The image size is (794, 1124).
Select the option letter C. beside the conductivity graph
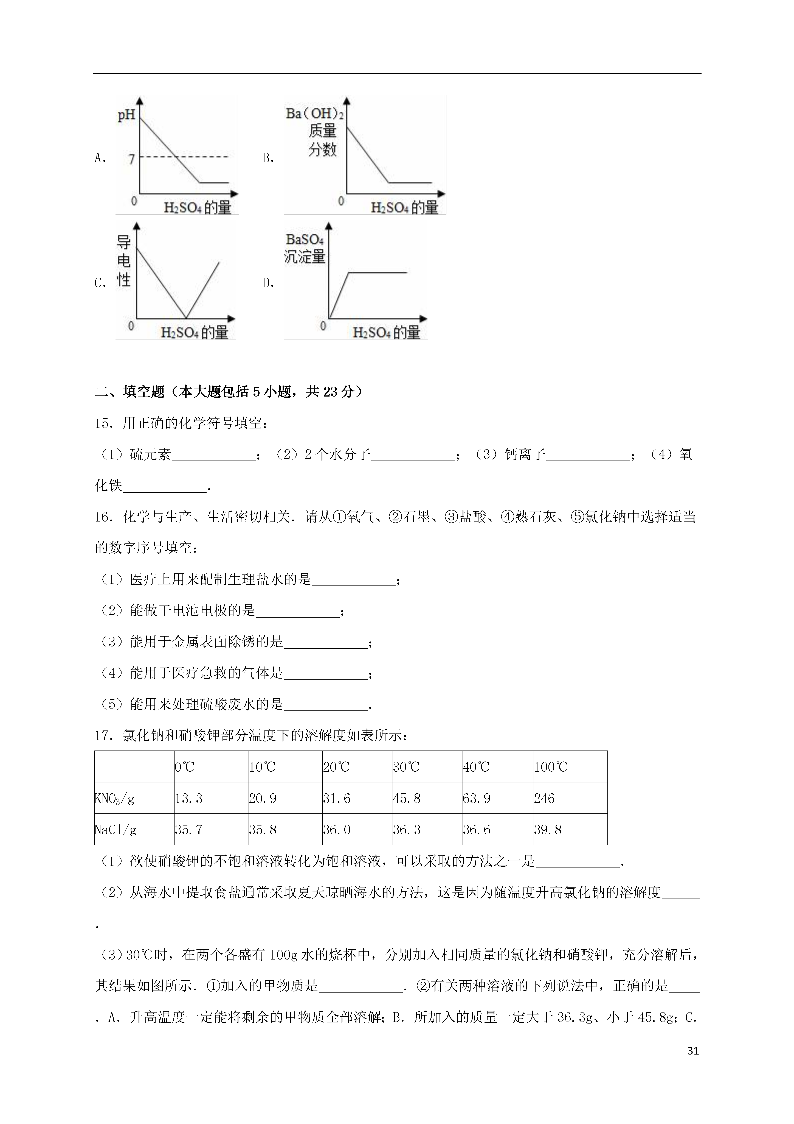(x=100, y=283)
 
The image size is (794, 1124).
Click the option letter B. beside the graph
(x=268, y=158)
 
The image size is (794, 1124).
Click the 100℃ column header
(x=551, y=767)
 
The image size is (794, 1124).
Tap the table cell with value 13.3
(x=188, y=799)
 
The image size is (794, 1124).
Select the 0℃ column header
(x=184, y=767)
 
